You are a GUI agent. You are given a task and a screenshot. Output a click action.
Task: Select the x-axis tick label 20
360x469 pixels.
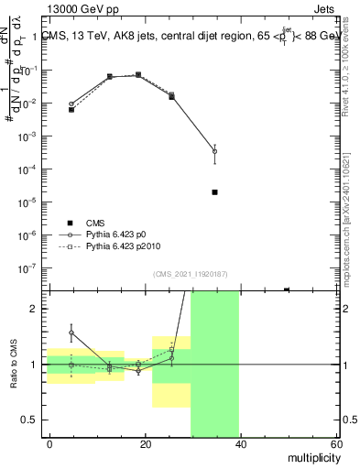145,443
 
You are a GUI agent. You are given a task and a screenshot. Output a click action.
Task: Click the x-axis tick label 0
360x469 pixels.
50,443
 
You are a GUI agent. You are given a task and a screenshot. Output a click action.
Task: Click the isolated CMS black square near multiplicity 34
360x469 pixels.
214,192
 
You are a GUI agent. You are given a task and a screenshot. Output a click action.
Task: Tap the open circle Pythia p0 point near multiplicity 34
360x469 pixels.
214,151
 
